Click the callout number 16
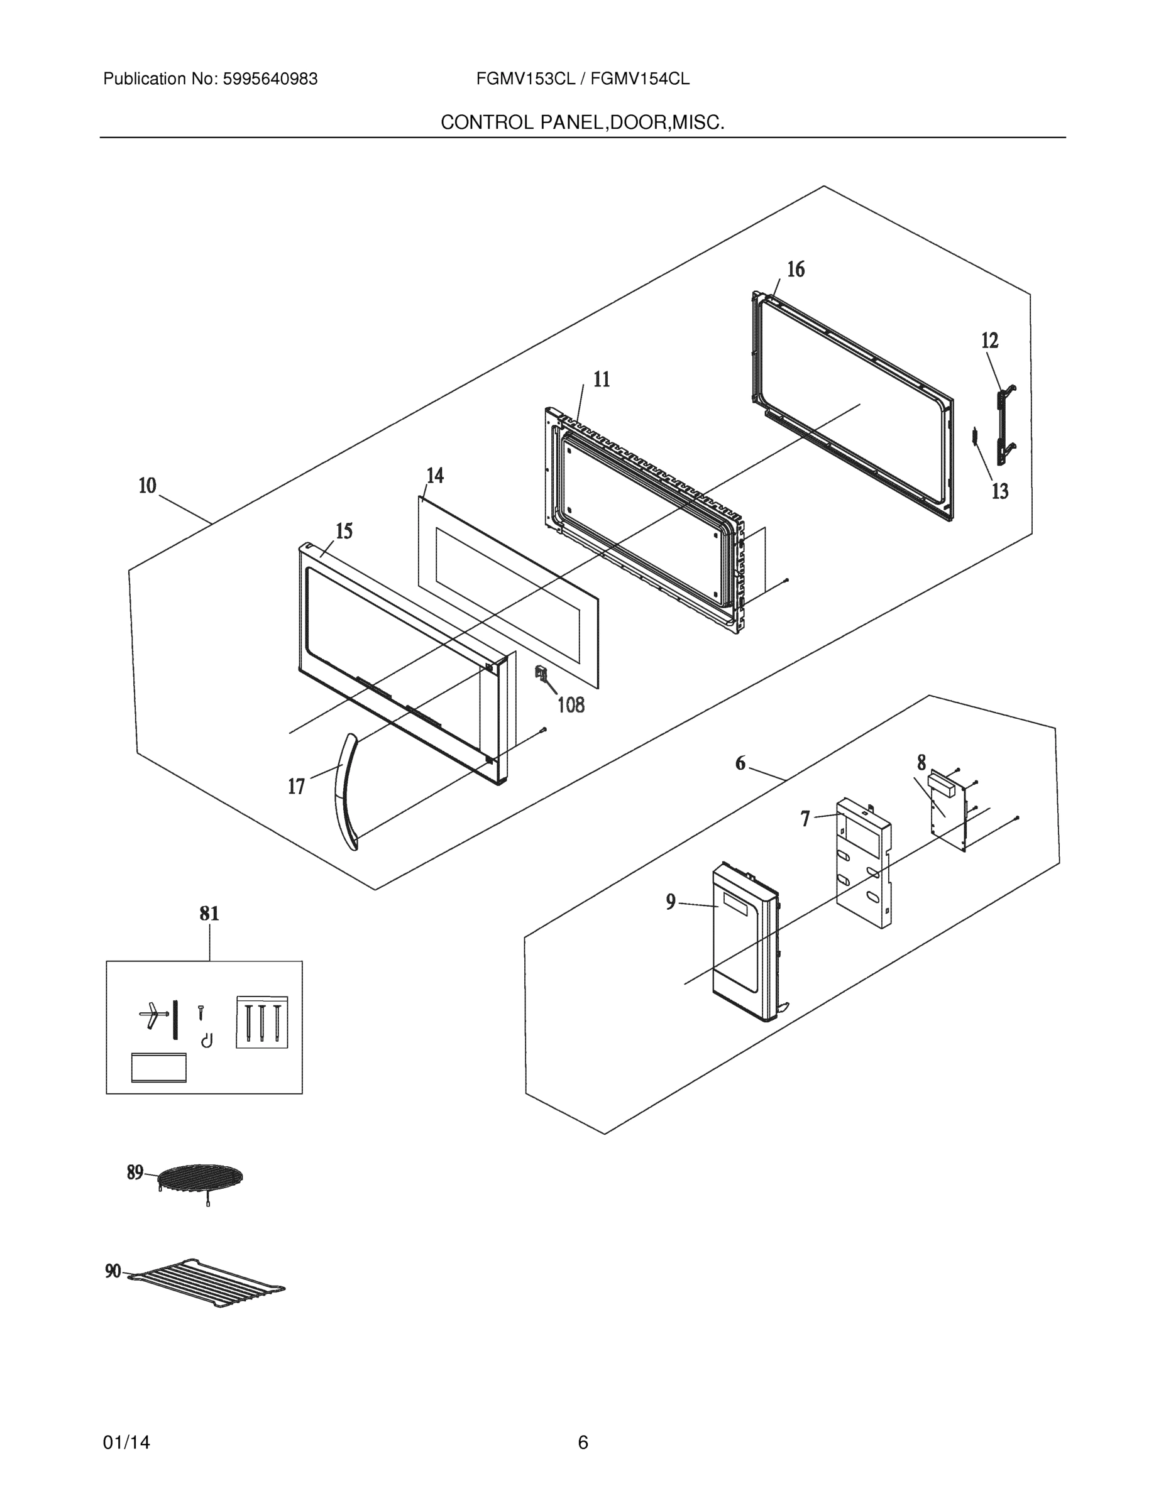click(x=796, y=270)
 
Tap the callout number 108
click(x=571, y=705)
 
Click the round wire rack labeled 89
click(x=201, y=1176)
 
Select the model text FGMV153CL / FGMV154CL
click(x=582, y=79)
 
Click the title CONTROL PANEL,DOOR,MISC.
click(x=582, y=123)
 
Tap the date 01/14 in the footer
click(x=126, y=1443)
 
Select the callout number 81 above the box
click(x=209, y=914)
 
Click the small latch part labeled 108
click(x=541, y=673)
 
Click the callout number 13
click(x=999, y=491)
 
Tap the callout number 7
click(x=805, y=819)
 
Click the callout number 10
click(x=148, y=486)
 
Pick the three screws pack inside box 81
click(x=261, y=1022)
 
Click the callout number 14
click(x=434, y=476)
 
